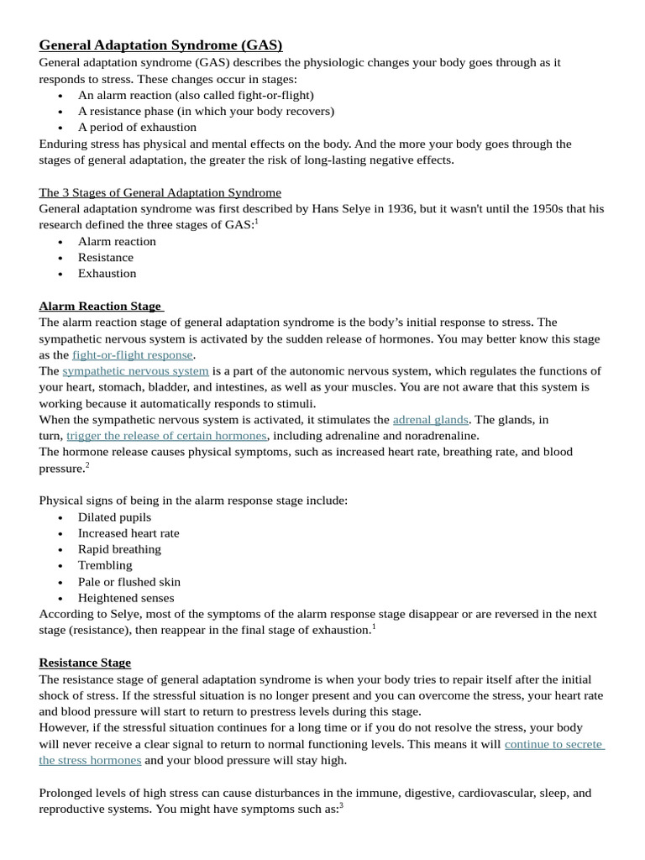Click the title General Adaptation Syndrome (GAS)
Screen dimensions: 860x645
(x=160, y=45)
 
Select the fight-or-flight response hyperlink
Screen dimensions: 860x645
(x=133, y=354)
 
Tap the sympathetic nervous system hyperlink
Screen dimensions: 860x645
(x=135, y=370)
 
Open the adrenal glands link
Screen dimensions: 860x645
(x=430, y=419)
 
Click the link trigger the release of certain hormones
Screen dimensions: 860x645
(x=166, y=435)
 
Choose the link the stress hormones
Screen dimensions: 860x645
(x=90, y=760)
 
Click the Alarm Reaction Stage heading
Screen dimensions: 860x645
(x=101, y=306)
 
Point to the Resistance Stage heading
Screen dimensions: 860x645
(x=85, y=663)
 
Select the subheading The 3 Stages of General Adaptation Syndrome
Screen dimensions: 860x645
(x=160, y=192)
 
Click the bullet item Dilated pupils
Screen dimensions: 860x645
(x=114, y=517)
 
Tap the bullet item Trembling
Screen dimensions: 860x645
(x=105, y=565)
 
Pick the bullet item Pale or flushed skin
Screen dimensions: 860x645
(x=129, y=581)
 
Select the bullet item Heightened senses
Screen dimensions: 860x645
(x=126, y=598)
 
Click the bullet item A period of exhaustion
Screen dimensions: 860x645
(x=137, y=127)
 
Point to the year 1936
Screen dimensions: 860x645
(x=396, y=208)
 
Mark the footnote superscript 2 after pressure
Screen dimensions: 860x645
(x=87, y=464)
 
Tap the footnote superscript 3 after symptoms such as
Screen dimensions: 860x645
(x=342, y=805)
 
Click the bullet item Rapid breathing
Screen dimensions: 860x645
(x=119, y=549)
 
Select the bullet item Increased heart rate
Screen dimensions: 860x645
(x=128, y=533)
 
